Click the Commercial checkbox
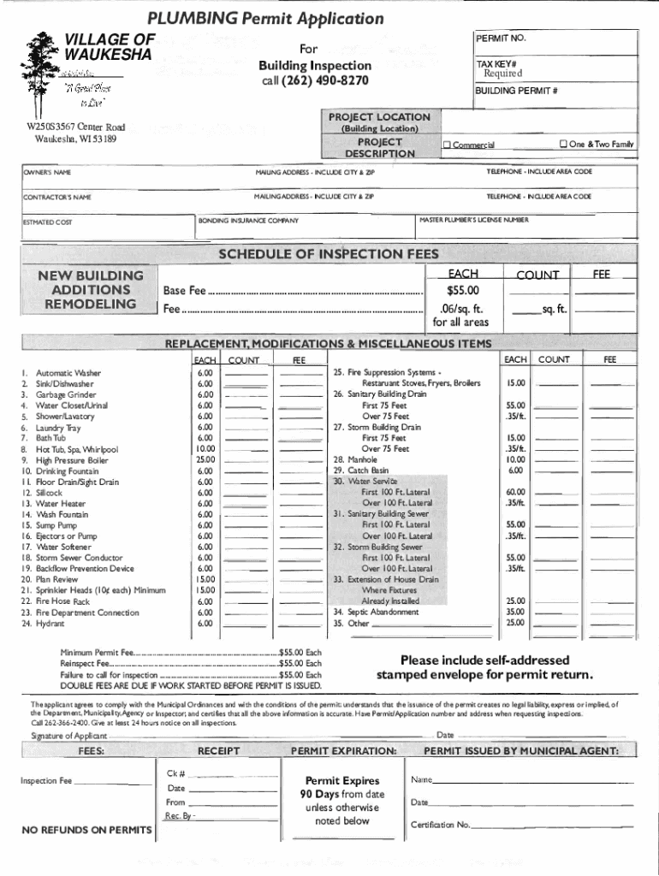click(447, 145)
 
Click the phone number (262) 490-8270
click(315, 80)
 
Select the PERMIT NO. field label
click(501, 39)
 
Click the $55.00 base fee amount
click(462, 290)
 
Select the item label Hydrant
click(50, 624)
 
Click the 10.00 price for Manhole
click(514, 459)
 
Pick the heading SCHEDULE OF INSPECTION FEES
click(329, 254)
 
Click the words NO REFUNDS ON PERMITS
click(86, 830)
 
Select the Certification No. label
click(440, 825)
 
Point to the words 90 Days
click(319, 794)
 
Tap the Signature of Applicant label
click(68, 736)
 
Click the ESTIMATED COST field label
click(47, 223)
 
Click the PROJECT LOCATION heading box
click(379, 116)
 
